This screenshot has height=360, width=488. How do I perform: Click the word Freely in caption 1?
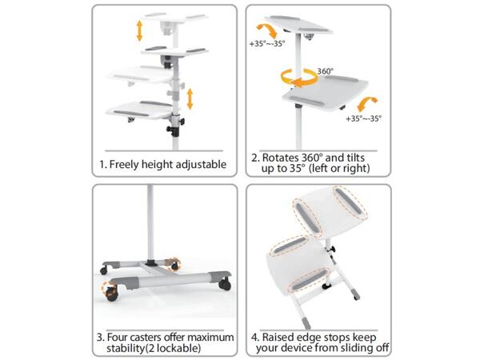pos(124,164)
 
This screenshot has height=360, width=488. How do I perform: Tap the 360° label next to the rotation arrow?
pos(325,71)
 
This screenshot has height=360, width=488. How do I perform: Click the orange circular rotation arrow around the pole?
pos(299,78)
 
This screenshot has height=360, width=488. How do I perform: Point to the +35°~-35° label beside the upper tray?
pos(267,44)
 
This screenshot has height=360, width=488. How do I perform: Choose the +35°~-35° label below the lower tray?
pos(363,118)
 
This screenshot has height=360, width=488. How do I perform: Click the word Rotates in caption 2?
pos(282,158)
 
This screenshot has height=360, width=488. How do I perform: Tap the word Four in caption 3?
pos(118,338)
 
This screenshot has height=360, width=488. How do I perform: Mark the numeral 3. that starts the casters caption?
pos(100,338)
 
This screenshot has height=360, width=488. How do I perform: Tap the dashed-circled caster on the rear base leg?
pos(173,265)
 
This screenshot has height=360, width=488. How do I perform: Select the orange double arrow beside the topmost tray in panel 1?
pos(139,30)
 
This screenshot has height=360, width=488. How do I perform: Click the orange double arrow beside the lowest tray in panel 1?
pos(190,99)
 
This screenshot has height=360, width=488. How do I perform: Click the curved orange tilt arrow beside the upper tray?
pos(267,31)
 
